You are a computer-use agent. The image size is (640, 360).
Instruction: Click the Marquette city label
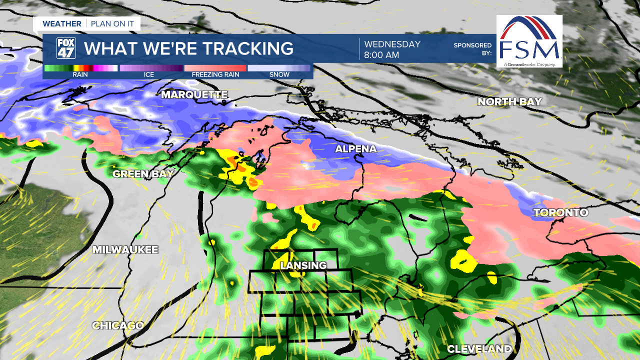pos(194,94)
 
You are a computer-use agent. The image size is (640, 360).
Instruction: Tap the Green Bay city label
pos(143,174)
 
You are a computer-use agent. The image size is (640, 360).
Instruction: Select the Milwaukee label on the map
pos(125,249)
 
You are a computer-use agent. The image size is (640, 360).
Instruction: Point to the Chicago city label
pos(117,325)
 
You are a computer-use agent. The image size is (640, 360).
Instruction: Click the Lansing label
pos(303,265)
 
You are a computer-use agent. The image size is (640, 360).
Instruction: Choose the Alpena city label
pos(355,149)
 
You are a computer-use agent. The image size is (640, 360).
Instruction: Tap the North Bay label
pos(509,101)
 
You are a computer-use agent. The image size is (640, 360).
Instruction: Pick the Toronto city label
pos(560,212)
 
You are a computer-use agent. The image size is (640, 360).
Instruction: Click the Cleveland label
pos(479,348)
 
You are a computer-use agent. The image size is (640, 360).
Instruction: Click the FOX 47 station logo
pos(66,48)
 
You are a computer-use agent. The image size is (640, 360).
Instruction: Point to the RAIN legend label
pos(80,75)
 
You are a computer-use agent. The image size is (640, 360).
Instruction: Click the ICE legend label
pos(149,75)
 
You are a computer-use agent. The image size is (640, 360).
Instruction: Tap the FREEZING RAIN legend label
pos(215,75)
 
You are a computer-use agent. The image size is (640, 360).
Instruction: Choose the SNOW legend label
pos(279,75)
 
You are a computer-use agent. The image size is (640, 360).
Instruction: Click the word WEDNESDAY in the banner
pos(392,44)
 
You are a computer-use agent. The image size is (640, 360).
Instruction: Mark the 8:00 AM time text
pos(381,55)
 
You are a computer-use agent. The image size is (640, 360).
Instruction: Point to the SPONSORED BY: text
pos(472,48)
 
